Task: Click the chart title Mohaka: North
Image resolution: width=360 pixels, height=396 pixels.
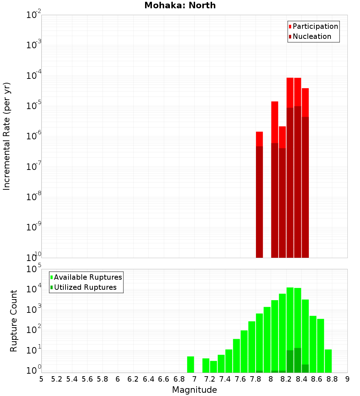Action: pos(180,6)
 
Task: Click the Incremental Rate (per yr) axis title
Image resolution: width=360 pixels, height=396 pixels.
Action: pos(7,136)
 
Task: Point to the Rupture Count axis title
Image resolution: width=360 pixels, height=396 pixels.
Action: pos(14,321)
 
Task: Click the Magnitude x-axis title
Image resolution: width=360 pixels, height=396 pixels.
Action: pos(194,390)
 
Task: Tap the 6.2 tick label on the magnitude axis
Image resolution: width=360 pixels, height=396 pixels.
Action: pos(133,379)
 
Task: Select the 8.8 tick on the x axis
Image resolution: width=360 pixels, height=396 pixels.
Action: pos(332,379)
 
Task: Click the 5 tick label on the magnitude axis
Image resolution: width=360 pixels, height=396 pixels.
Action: pos(41,379)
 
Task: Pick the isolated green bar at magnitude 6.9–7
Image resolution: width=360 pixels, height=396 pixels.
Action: pos(190,364)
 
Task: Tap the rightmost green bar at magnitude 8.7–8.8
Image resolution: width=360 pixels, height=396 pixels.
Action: pos(328,361)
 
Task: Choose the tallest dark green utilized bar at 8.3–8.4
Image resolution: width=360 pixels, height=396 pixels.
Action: pos(297,360)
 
